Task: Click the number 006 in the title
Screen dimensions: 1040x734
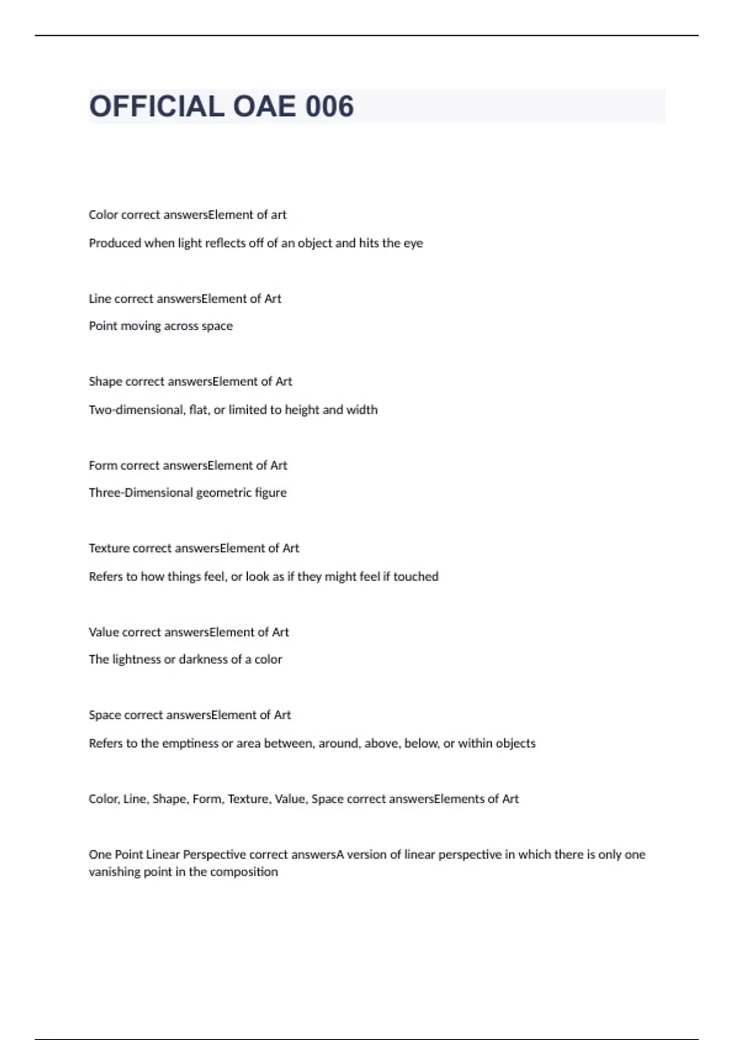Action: coord(330,106)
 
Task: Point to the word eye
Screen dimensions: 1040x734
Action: coord(413,243)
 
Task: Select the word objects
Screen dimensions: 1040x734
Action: coord(515,743)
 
